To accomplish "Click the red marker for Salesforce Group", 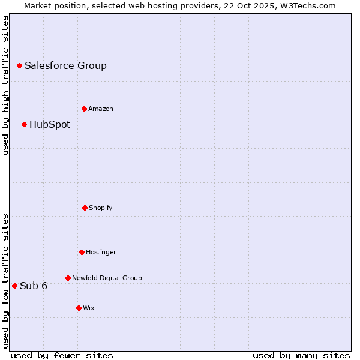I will pos(19,65).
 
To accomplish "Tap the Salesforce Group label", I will pos(65,66).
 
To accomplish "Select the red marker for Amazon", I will pos(84,109).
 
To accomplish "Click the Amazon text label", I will pos(101,109).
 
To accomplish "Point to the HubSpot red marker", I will pos(24,124).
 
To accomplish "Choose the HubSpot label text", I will pos(50,125).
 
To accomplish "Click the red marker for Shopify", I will pos(85,208).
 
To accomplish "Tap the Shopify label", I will pos(101,208).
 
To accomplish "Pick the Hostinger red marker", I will pos(82,252).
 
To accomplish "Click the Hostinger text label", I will pos(101,253).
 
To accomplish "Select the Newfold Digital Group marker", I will pos(68,278).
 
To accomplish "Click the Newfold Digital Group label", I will pos(107,278).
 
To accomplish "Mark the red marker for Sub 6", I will pos(14,286).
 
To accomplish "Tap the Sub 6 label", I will pos(34,286).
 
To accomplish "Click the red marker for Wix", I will pos(79,308).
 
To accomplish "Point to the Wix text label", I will pos(89,308).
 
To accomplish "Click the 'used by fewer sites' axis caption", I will pos(62,355).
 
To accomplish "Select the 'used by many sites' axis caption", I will pos(301,355).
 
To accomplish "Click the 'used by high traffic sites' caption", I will pos(5,85).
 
